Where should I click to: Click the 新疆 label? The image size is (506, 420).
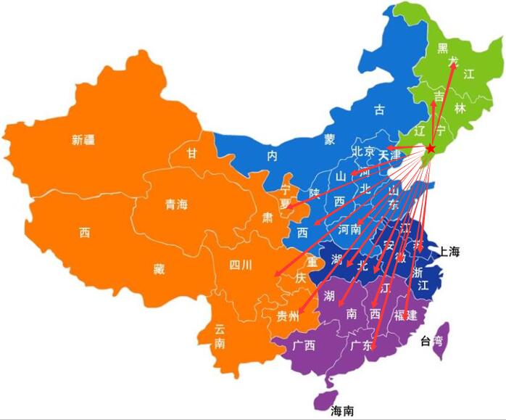(84, 140)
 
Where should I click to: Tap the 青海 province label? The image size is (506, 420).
(176, 205)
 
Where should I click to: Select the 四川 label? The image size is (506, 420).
(240, 265)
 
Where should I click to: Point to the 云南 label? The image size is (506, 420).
(220, 336)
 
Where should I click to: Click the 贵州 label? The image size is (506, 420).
(288, 316)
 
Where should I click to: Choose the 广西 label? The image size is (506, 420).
(304, 345)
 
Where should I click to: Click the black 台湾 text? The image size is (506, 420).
(431, 341)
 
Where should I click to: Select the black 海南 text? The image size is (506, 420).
(342, 411)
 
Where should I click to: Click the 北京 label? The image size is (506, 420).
(363, 152)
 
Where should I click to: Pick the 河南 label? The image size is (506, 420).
(349, 230)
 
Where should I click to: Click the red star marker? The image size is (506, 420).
(430, 148)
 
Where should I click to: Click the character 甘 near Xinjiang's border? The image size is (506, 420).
(191, 153)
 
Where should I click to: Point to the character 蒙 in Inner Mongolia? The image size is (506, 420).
(330, 138)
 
